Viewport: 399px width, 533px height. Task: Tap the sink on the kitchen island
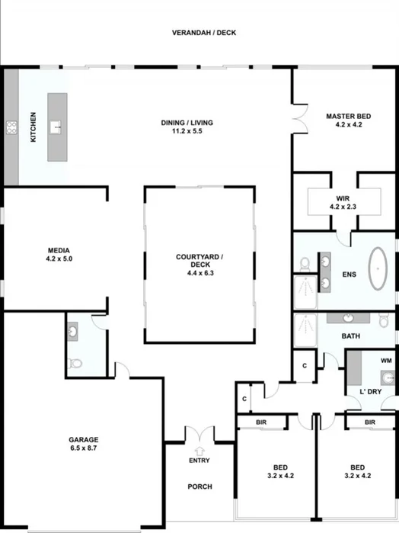coord(56,127)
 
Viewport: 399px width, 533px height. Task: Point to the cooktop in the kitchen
coord(11,128)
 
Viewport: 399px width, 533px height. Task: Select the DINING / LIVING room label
coord(186,123)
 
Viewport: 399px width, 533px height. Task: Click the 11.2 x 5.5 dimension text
coord(186,131)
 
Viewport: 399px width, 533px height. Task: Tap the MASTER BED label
coord(347,117)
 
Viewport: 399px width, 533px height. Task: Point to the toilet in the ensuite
coord(305,264)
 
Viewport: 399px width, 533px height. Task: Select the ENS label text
coord(350,275)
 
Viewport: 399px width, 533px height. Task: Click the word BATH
coord(351,336)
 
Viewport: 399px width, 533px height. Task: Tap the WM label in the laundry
coord(386,360)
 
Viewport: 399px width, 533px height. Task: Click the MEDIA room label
coord(59,250)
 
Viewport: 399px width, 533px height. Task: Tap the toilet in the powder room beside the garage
coord(75,363)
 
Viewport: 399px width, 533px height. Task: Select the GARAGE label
coord(84,439)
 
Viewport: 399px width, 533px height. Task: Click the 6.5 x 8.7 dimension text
coord(84,448)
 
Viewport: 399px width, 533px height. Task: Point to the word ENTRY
coord(199,461)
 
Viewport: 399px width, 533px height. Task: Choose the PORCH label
coord(199,486)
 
